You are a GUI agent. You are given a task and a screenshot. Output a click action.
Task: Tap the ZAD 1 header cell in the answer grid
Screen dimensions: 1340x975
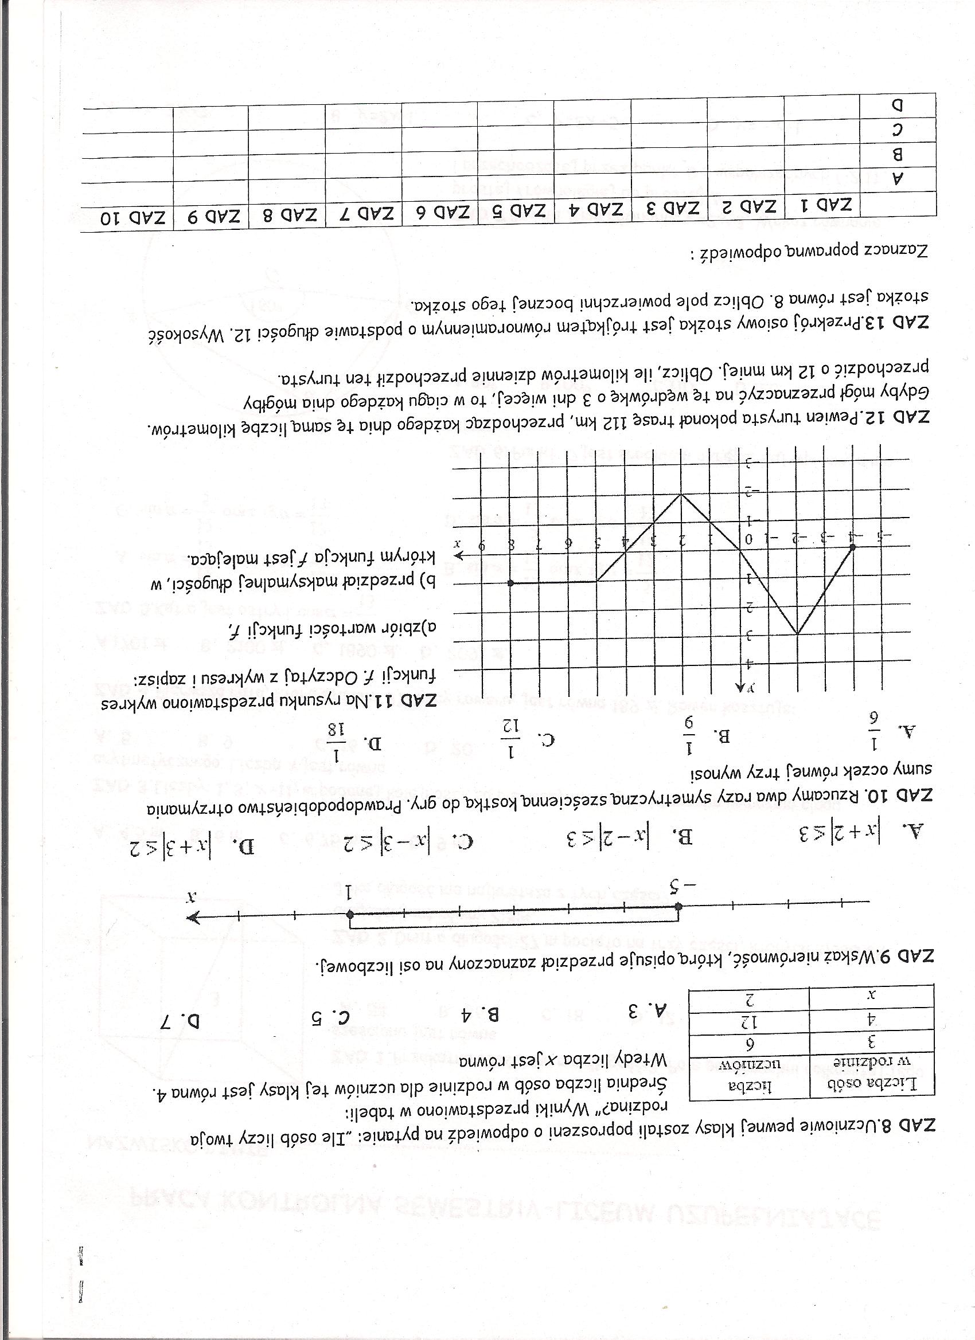click(x=822, y=206)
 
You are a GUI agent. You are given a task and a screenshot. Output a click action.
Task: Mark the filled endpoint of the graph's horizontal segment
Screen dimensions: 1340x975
click(x=511, y=582)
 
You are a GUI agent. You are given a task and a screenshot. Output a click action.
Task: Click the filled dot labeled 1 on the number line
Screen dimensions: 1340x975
click(x=350, y=915)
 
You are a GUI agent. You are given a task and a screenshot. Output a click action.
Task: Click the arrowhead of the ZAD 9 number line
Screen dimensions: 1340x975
click(x=193, y=918)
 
